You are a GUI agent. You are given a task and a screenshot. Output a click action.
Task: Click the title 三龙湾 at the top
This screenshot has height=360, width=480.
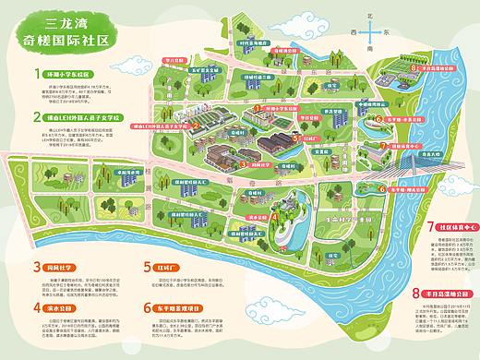[x=65, y=20]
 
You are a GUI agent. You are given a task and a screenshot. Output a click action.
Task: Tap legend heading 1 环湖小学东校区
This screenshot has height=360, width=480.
[x=66, y=72]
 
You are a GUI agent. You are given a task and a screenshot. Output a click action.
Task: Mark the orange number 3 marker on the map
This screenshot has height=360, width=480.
[x=244, y=163]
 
